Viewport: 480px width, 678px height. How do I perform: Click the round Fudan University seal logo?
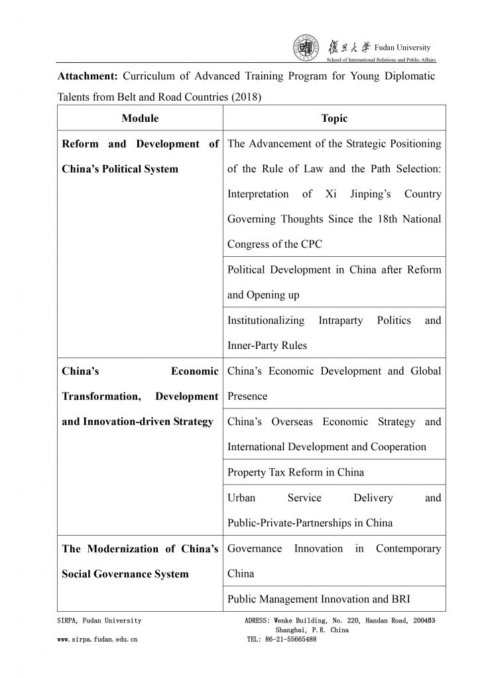[306, 49]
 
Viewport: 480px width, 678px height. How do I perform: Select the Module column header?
[140, 119]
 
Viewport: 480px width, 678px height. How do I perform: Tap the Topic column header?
[334, 119]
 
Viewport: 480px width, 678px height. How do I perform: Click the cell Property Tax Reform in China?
[296, 473]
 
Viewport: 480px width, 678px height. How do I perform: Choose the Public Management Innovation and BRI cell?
[319, 599]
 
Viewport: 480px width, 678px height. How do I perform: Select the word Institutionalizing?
[266, 320]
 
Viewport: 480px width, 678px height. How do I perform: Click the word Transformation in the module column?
[100, 396]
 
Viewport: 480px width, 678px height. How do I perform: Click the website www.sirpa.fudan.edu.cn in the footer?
[97, 640]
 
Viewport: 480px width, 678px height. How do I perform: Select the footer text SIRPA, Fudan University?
[99, 620]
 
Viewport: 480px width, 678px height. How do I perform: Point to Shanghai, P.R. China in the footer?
[312, 630]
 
